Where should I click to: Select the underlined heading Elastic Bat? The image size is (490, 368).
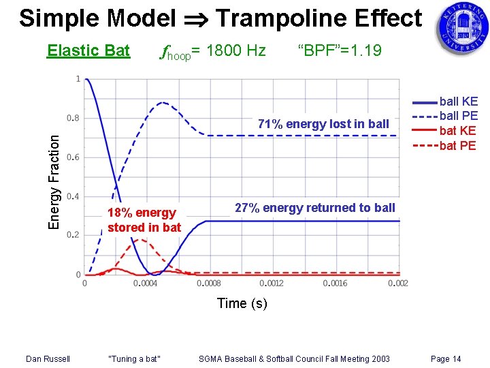(88, 50)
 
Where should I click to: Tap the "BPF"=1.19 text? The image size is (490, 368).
(340, 50)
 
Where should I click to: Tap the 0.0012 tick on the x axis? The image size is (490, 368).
(273, 283)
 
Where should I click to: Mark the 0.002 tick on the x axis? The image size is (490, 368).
(398, 283)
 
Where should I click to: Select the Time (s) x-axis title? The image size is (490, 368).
(242, 303)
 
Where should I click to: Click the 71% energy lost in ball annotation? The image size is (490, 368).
(323, 123)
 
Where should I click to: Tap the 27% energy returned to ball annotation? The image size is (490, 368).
(314, 208)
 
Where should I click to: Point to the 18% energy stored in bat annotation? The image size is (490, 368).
(144, 220)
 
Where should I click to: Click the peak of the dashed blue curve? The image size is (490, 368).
(163, 103)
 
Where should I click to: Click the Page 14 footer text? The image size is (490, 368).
(446, 358)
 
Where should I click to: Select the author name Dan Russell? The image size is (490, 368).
(48, 358)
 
